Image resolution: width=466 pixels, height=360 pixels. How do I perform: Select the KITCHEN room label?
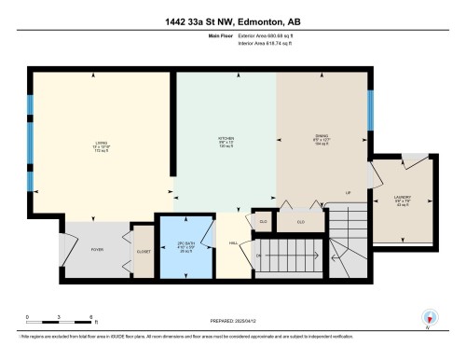point(226,144)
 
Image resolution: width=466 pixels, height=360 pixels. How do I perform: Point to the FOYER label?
point(95,249)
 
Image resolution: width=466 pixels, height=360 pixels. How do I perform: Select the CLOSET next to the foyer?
point(143,251)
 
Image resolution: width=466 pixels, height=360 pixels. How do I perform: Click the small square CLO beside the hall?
point(264,221)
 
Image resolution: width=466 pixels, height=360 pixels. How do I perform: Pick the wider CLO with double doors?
point(300,221)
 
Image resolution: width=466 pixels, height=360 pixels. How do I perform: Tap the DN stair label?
point(260,255)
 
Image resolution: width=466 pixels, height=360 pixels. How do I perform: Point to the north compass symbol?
point(430,318)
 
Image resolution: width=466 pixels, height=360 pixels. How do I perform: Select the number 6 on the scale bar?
point(89,317)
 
